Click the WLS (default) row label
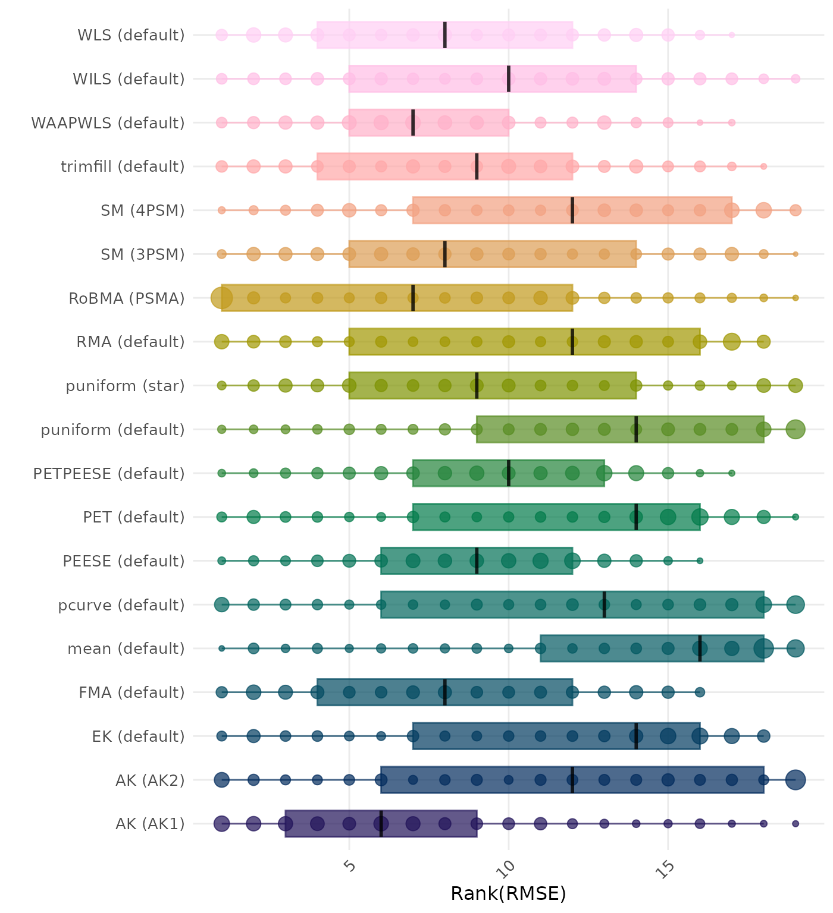[x=131, y=35]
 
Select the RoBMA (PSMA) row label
[x=127, y=298]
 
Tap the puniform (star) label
[x=125, y=386]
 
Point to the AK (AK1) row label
[x=150, y=824]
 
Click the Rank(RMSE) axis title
[x=508, y=893]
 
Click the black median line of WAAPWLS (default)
[x=413, y=122]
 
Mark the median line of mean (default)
[x=700, y=648]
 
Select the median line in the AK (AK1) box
[x=381, y=824]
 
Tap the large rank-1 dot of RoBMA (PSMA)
[x=222, y=298]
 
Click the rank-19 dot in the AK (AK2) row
[x=796, y=780]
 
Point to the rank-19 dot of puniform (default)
[x=796, y=429]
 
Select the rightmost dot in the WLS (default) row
[x=732, y=35]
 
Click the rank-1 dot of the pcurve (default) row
[x=222, y=605]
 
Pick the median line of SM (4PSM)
[x=572, y=210]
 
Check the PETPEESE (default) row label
[x=109, y=474]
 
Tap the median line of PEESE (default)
[x=477, y=561]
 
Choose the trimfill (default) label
[x=123, y=166]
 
